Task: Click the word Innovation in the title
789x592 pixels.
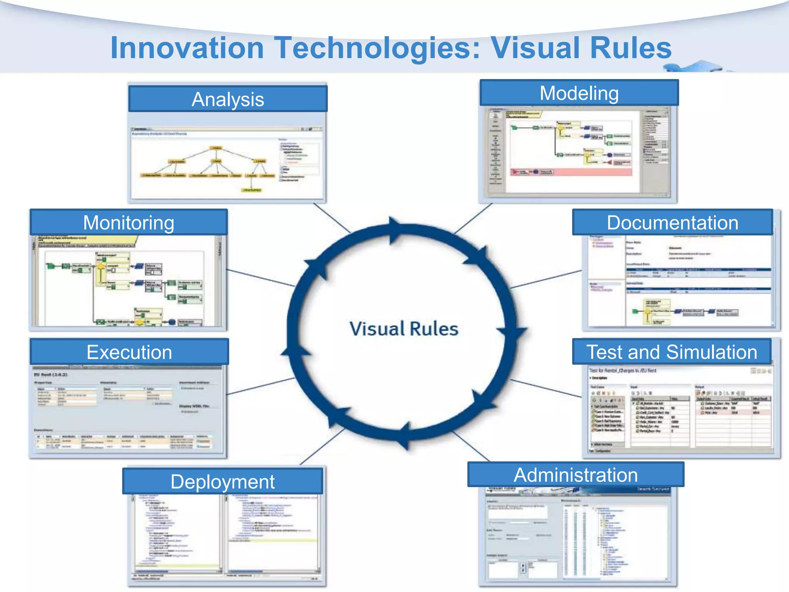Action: point(187,48)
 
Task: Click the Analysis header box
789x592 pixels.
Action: point(228,99)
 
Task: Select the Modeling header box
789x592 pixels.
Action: point(579,93)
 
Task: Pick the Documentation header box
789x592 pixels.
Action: point(672,222)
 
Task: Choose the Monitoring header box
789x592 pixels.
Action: point(129,222)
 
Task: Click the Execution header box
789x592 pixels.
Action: point(129,352)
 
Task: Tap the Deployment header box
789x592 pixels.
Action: point(222,481)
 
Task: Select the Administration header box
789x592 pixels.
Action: point(576,474)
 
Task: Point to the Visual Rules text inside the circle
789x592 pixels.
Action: point(404,329)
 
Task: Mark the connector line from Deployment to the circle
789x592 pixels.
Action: point(322,447)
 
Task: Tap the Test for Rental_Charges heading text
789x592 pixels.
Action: point(623,370)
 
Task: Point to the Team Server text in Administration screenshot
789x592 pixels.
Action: point(653,489)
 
